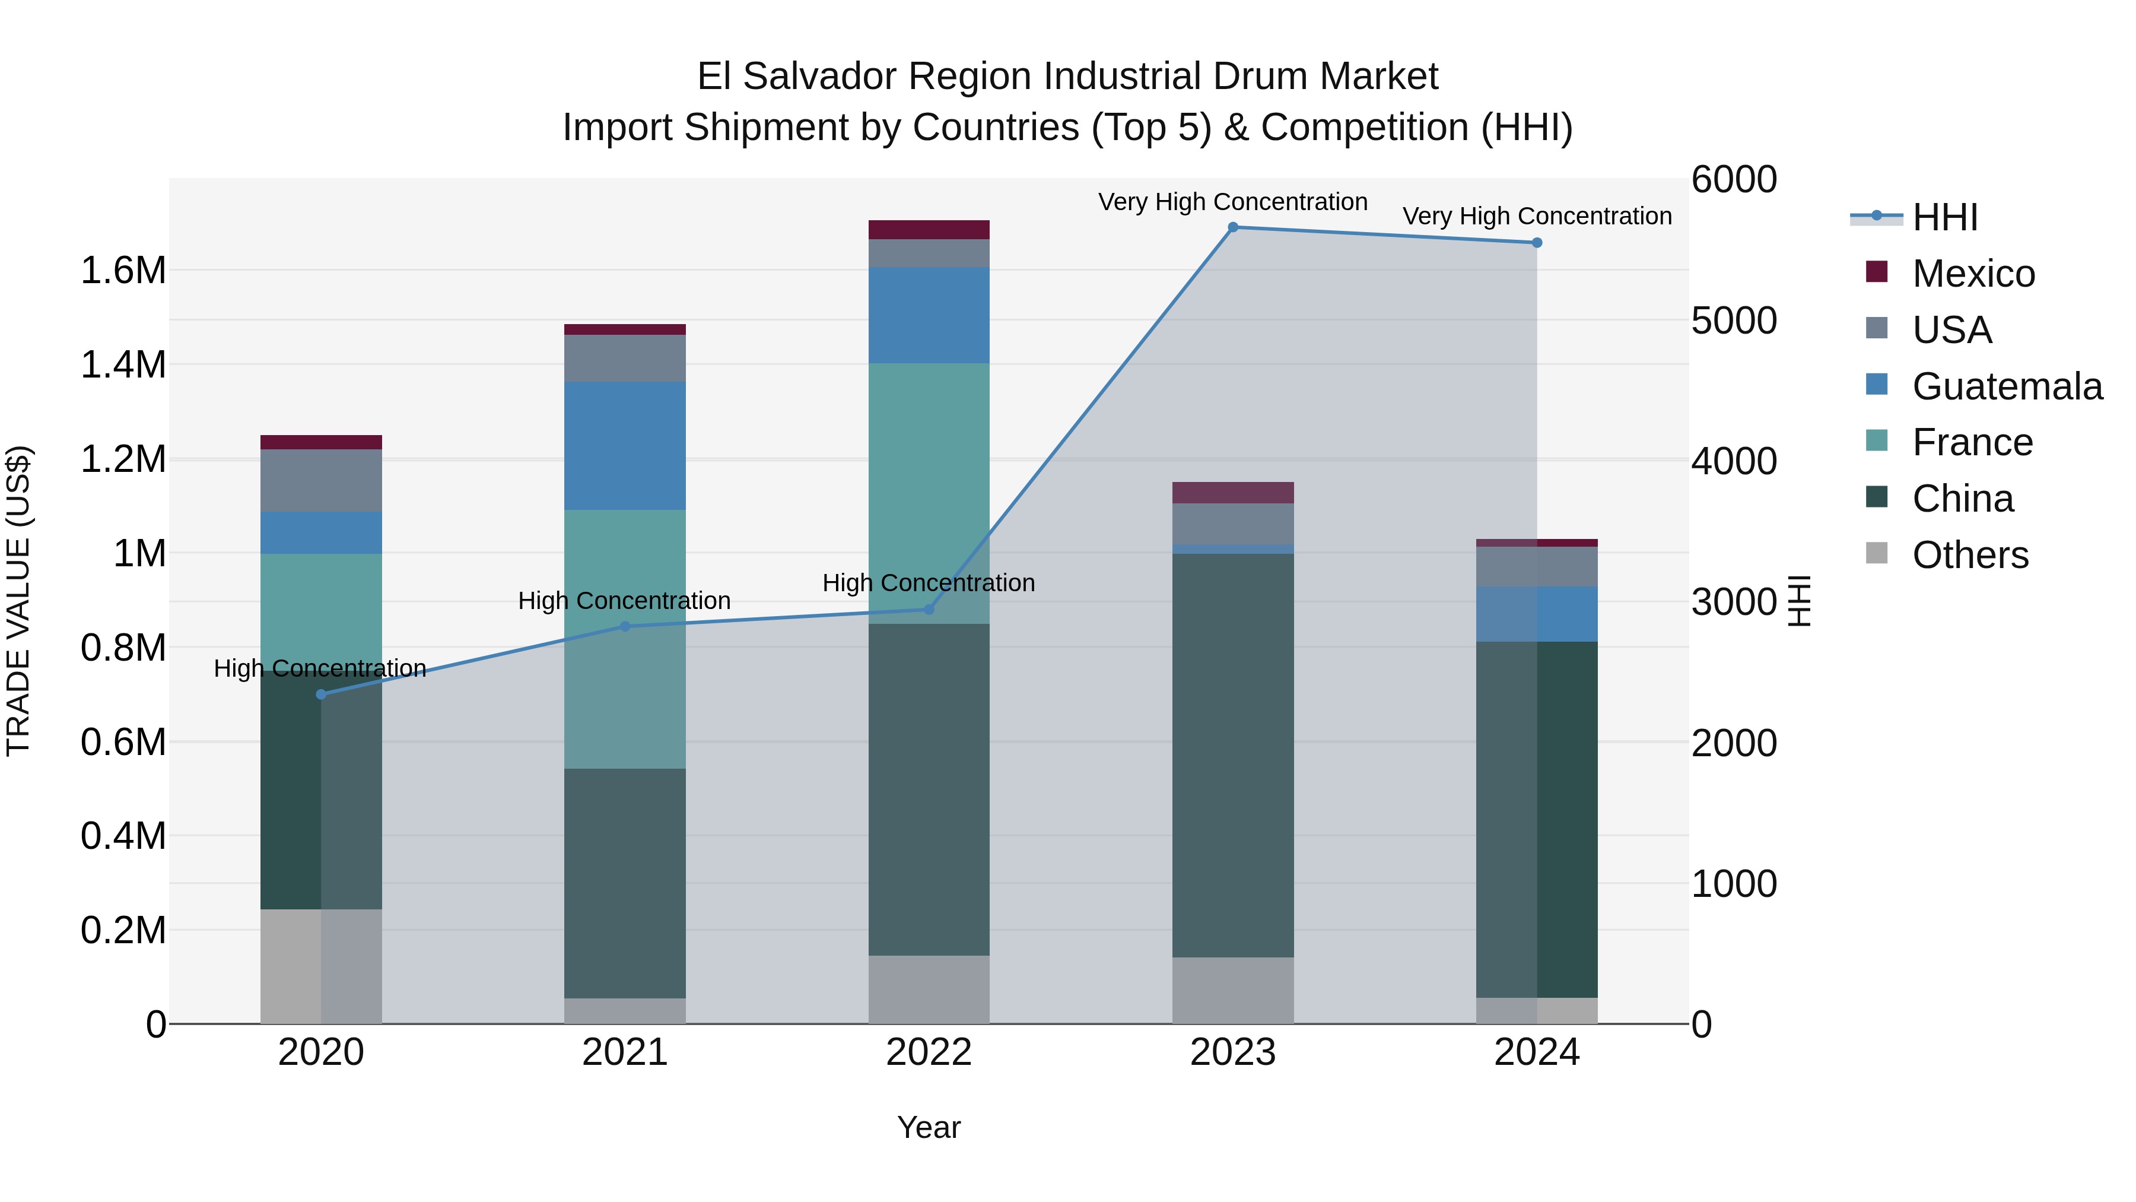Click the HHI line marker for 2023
(x=1232, y=227)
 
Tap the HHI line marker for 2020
(x=322, y=694)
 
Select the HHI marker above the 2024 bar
(x=1537, y=243)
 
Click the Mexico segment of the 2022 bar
(x=929, y=230)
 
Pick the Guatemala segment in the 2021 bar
(x=625, y=445)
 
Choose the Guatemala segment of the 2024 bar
(x=1537, y=614)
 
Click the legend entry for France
(x=1972, y=442)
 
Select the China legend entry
(x=1962, y=499)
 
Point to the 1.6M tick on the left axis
(x=123, y=271)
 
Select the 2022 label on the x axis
(x=929, y=1052)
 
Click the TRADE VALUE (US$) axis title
(x=18, y=601)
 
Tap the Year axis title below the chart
(x=929, y=1127)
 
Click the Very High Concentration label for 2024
(x=1537, y=217)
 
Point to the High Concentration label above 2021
(x=624, y=601)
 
